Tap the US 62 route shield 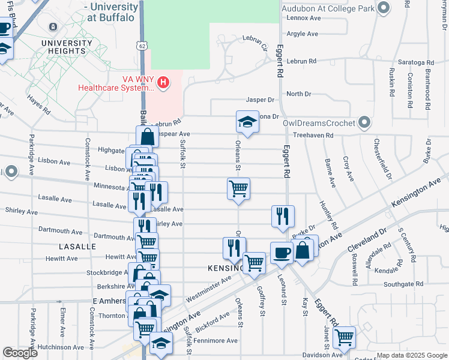click(x=141, y=46)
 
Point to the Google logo click(x=20, y=353)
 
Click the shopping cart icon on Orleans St click(x=239, y=188)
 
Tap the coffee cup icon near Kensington click(x=281, y=253)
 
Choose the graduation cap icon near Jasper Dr click(x=245, y=122)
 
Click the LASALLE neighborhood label click(x=77, y=247)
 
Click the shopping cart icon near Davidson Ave click(x=344, y=337)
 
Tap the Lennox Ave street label click(x=304, y=18)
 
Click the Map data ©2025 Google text click(x=411, y=355)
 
